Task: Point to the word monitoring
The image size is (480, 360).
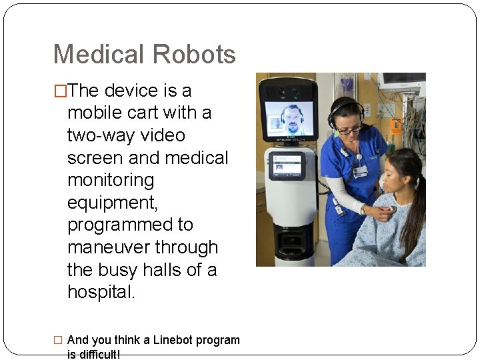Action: (111, 181)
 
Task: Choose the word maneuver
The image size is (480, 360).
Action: (108, 247)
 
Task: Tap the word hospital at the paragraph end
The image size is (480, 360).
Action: (101, 293)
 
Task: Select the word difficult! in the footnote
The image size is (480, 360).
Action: (94, 355)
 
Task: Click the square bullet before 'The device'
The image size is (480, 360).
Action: (60, 91)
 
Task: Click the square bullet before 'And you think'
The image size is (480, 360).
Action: (59, 340)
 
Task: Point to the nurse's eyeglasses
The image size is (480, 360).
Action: (350, 129)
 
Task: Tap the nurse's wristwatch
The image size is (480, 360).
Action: (364, 209)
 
